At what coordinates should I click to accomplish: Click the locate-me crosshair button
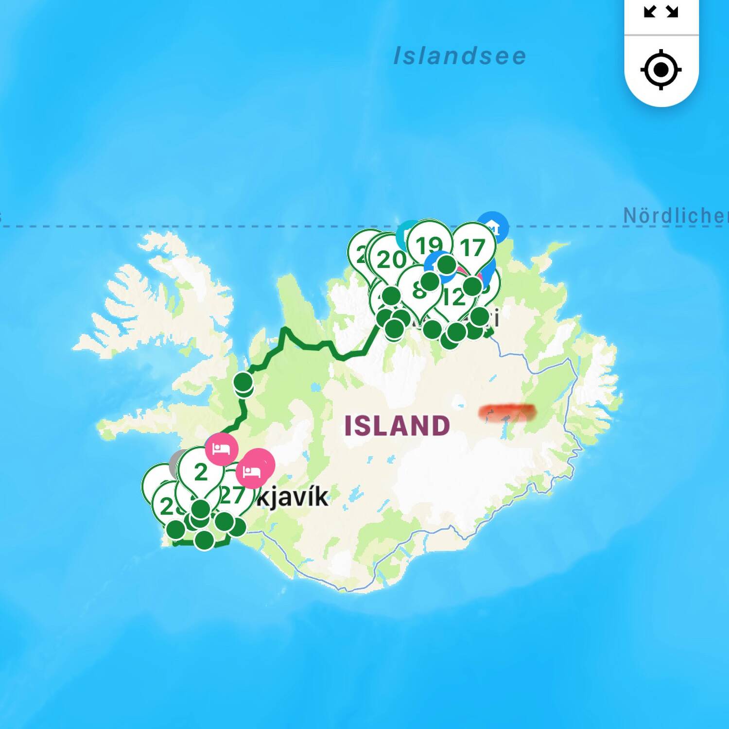pos(661,70)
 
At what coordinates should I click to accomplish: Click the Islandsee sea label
pos(460,56)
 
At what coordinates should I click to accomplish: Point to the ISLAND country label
pos(397,426)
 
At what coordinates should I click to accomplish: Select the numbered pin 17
pos(473,248)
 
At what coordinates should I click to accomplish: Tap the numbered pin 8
pos(418,291)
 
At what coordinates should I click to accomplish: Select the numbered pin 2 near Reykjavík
pos(201,472)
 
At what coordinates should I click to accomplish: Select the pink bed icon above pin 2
pos(221,449)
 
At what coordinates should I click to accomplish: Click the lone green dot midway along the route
pos(243,382)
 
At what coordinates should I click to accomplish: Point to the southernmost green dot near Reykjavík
pos(204,539)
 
